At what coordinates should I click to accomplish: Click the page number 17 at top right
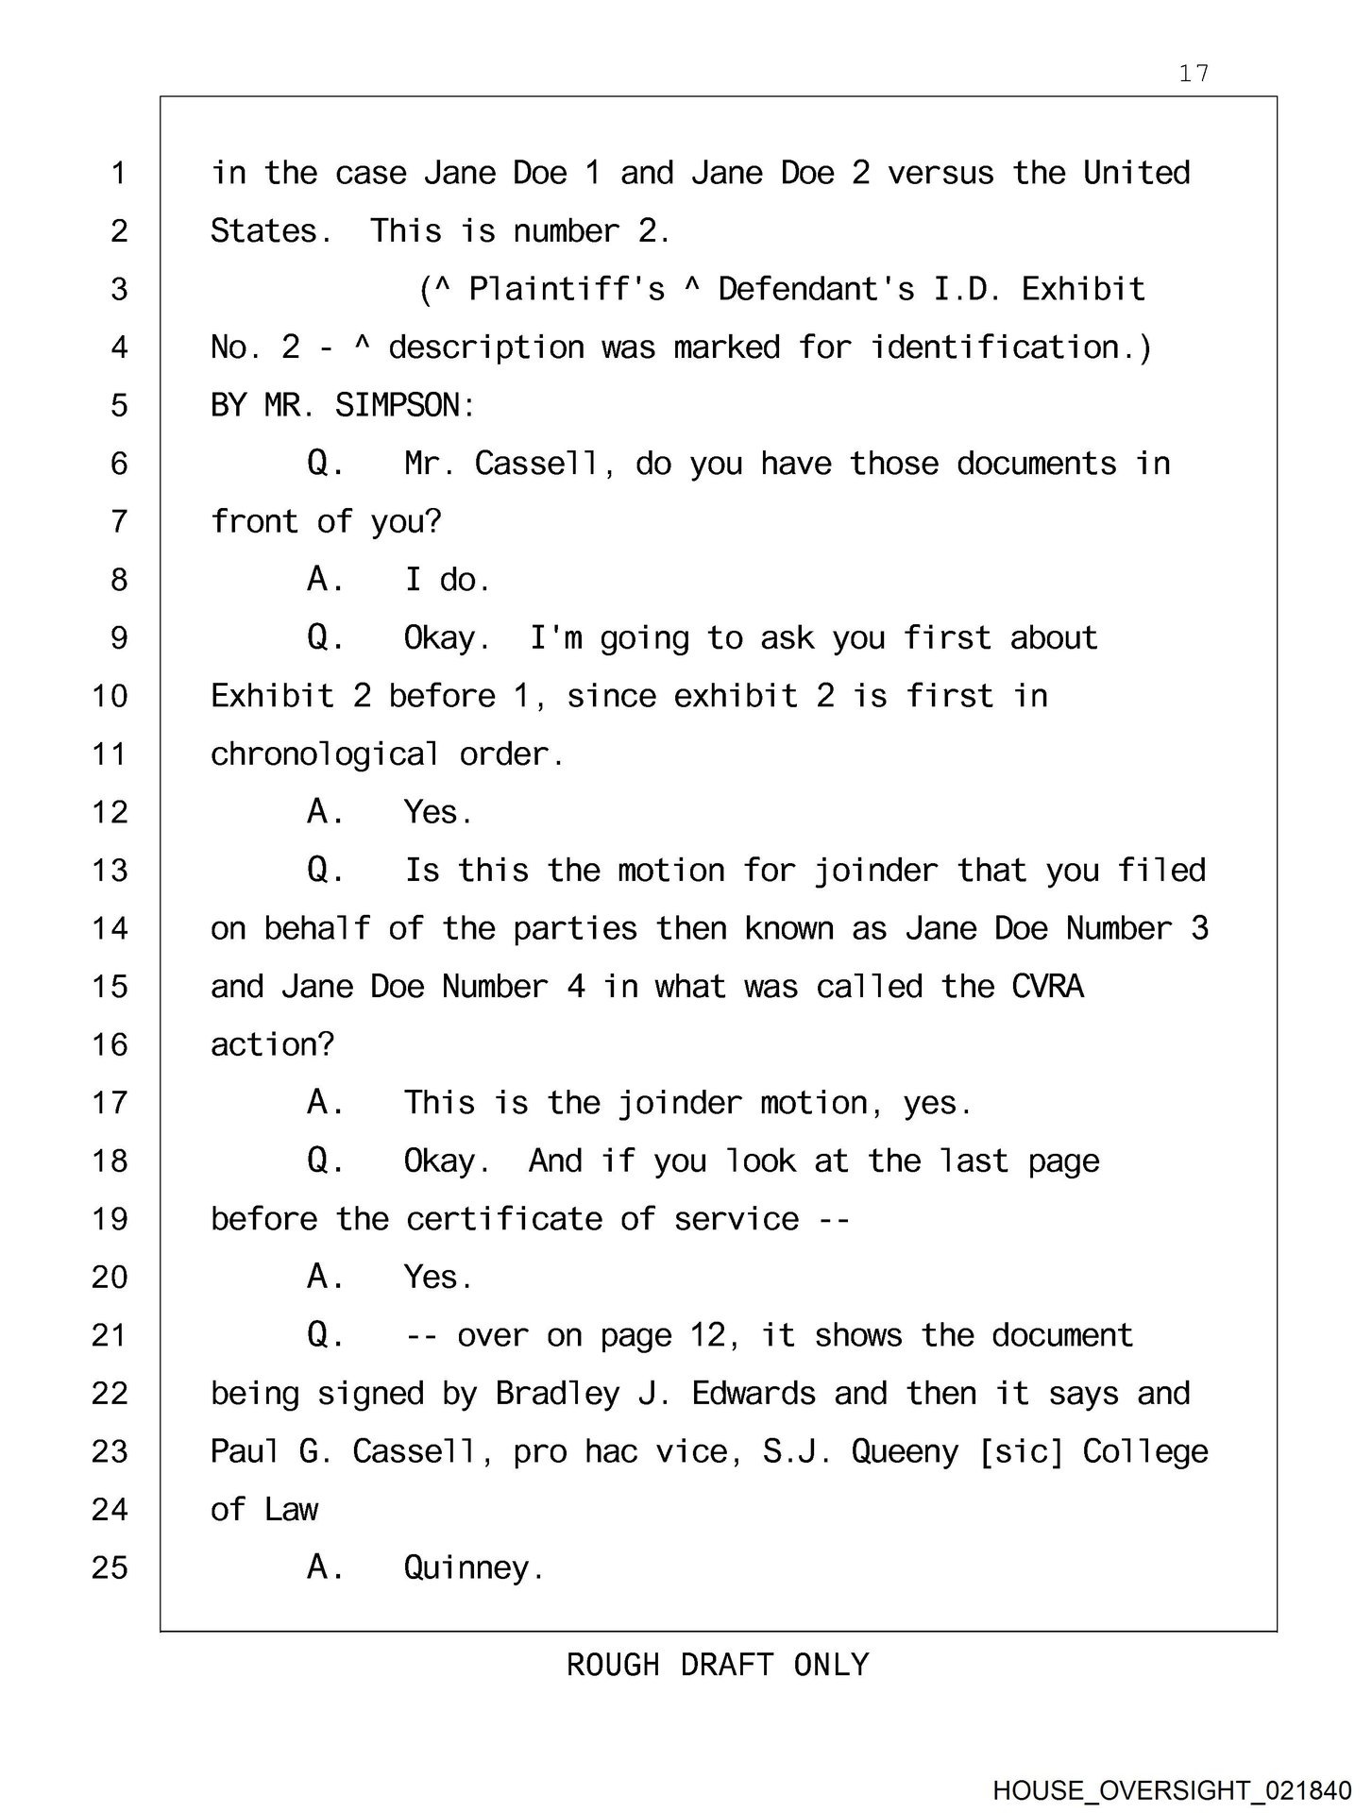(x=1194, y=74)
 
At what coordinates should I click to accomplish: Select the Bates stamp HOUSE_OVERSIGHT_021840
(x=1172, y=1790)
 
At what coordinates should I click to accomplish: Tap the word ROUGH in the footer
(x=613, y=1666)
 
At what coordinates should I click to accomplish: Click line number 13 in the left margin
(x=110, y=871)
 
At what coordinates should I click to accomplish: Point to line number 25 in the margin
(x=110, y=1568)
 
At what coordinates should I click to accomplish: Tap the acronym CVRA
(x=1047, y=987)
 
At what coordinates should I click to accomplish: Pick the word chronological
(x=324, y=754)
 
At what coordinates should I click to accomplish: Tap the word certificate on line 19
(x=504, y=1219)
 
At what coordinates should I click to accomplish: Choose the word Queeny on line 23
(x=905, y=1452)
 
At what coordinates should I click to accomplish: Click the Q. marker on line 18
(x=325, y=1161)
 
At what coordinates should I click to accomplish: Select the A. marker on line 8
(x=325, y=580)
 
